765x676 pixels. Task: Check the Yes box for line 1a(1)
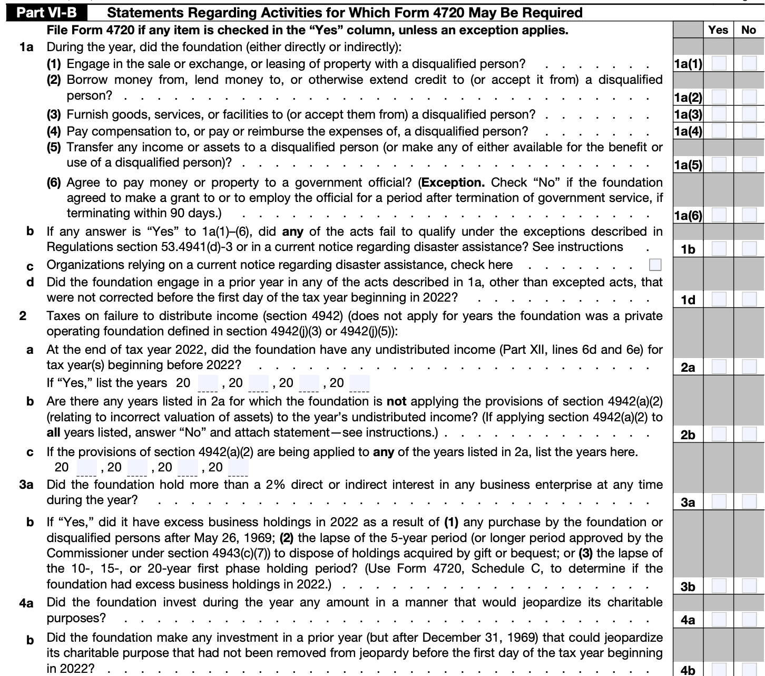pyautogui.click(x=719, y=64)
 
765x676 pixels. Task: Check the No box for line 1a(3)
pyautogui.click(x=749, y=114)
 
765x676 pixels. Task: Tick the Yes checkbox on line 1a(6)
pyautogui.click(x=719, y=215)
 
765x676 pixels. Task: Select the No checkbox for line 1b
pyautogui.click(x=749, y=248)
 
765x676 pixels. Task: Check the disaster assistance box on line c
pyautogui.click(x=655, y=265)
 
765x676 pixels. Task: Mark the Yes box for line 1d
pyautogui.click(x=719, y=299)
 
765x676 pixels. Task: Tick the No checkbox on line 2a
pyautogui.click(x=749, y=366)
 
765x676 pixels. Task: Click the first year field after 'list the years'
pyautogui.click(x=208, y=383)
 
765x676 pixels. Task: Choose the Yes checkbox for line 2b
pyautogui.click(x=719, y=434)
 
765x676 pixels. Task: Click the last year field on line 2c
pyautogui.click(x=238, y=468)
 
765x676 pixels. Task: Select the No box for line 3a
pyautogui.click(x=749, y=501)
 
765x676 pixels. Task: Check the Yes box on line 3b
pyautogui.click(x=719, y=586)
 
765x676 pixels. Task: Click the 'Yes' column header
pyautogui.click(x=718, y=30)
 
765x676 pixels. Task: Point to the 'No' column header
pyautogui.click(x=748, y=30)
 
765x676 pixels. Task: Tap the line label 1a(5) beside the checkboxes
pyautogui.click(x=688, y=165)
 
